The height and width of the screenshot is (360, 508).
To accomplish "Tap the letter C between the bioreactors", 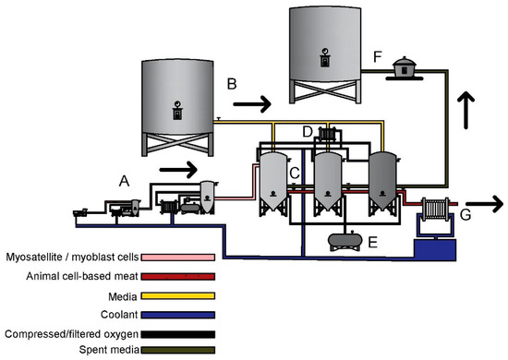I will [x=295, y=172].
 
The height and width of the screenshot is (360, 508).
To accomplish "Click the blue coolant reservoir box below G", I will [x=437, y=247].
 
